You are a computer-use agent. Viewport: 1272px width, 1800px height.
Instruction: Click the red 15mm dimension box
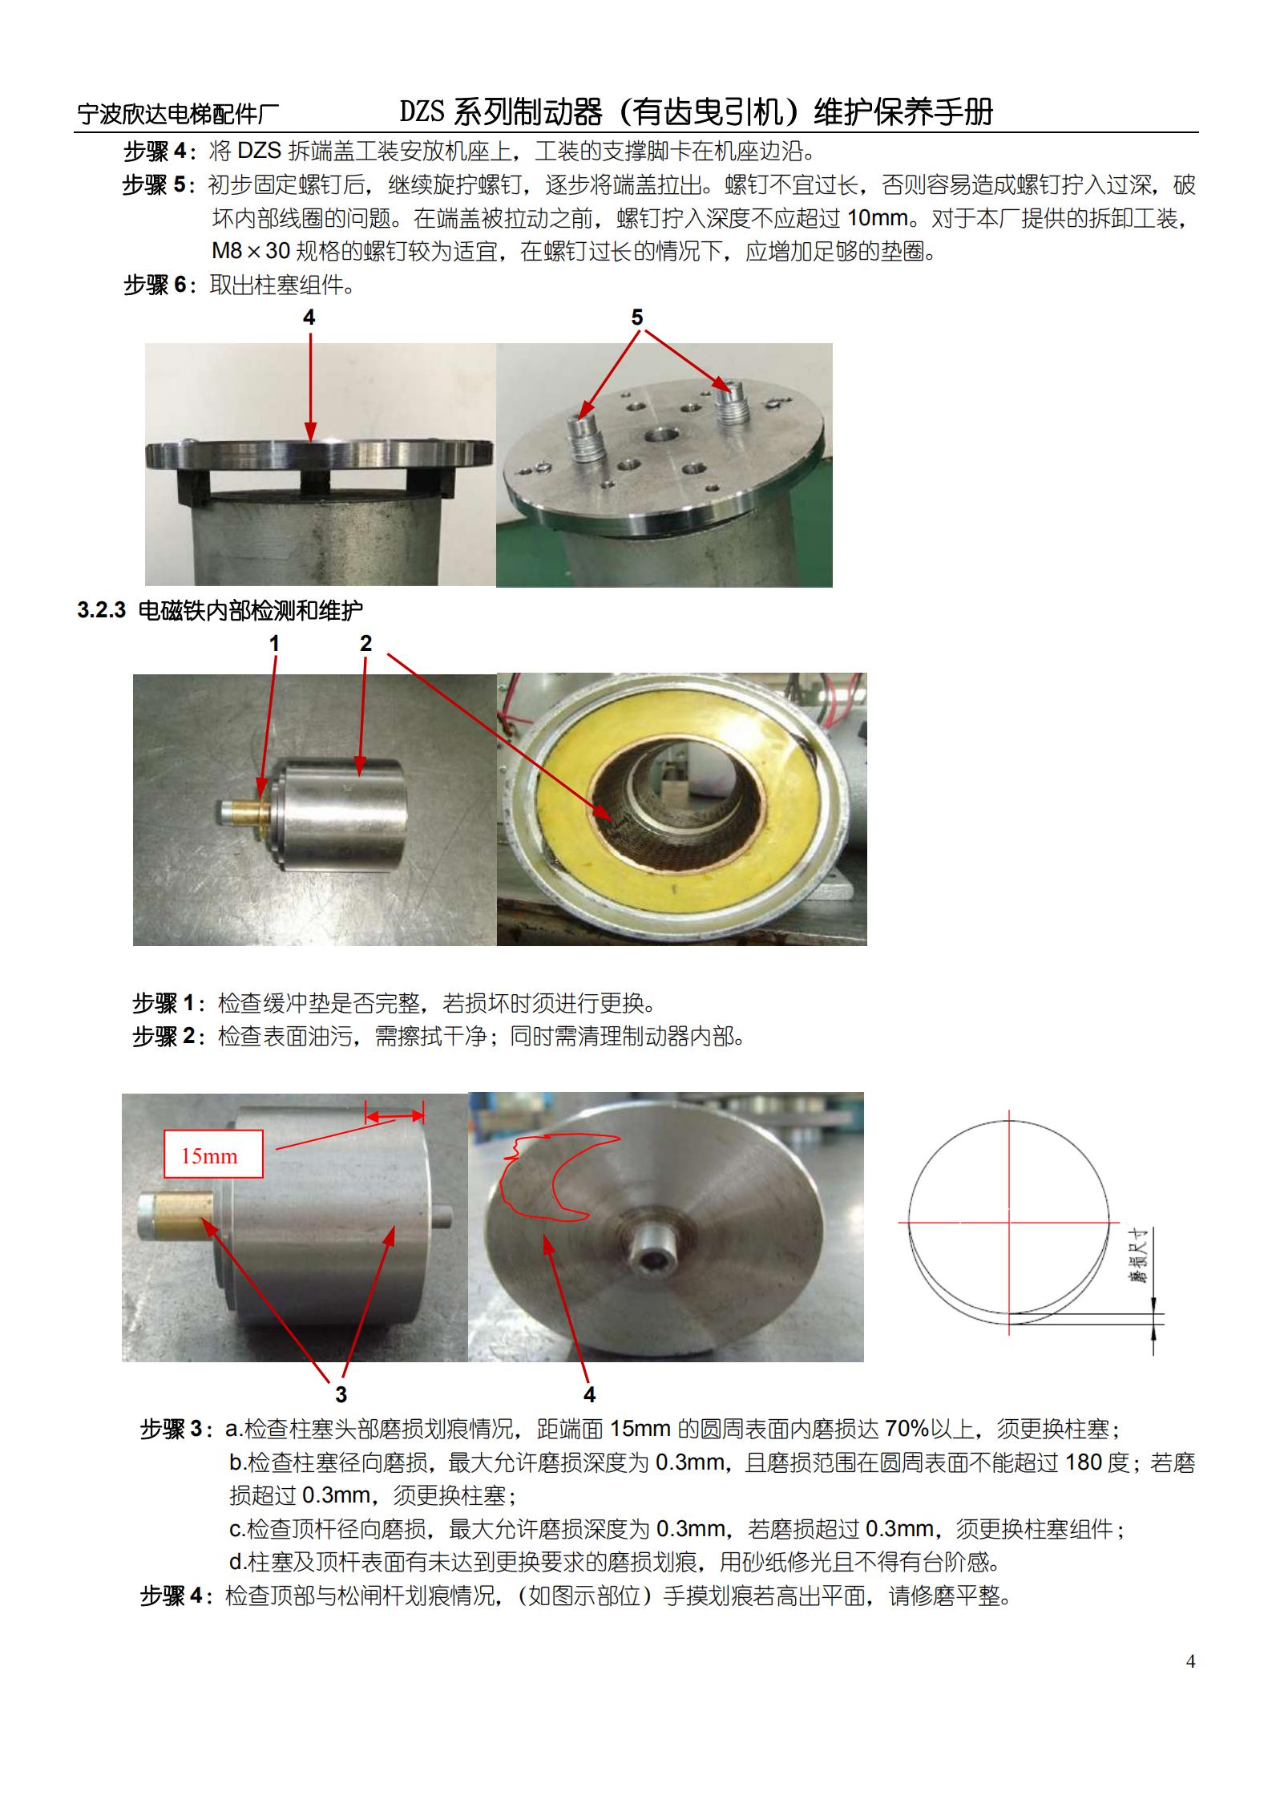pyautogui.click(x=213, y=1154)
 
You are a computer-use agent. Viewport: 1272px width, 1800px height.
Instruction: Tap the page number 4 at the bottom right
pyautogui.click(x=1190, y=1660)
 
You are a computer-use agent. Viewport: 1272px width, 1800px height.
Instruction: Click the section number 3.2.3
pyautogui.click(x=102, y=610)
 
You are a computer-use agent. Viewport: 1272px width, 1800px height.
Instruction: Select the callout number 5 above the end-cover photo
pyautogui.click(x=637, y=318)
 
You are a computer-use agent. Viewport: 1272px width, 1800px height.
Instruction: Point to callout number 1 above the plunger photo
pyautogui.click(x=275, y=643)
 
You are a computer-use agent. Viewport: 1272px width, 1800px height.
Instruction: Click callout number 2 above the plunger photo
pyautogui.click(x=366, y=643)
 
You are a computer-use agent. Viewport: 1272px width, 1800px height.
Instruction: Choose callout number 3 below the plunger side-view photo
pyautogui.click(x=341, y=1394)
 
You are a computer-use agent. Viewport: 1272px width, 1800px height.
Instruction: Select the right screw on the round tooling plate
pyautogui.click(x=733, y=403)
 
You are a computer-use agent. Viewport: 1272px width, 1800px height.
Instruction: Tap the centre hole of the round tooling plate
pyautogui.click(x=664, y=439)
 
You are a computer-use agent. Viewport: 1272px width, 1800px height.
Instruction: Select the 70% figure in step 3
pyautogui.click(x=907, y=1429)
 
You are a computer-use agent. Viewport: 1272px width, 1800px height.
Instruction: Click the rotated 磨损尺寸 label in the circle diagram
pyautogui.click(x=1139, y=1256)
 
